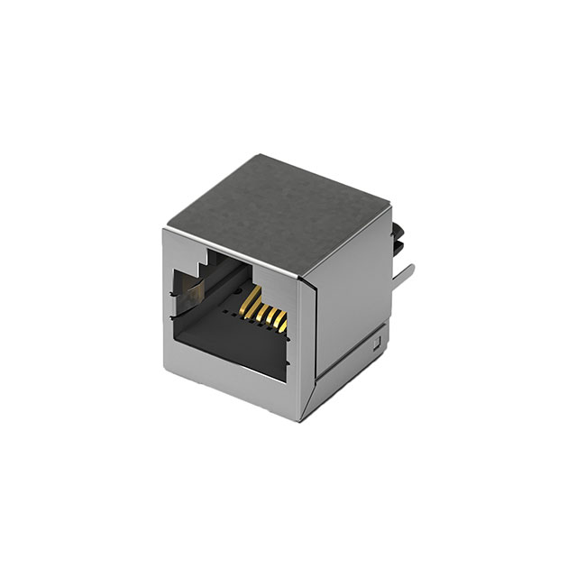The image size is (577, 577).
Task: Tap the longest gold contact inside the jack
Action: point(252,298)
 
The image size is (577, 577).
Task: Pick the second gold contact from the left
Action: point(261,307)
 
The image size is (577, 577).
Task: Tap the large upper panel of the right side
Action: point(352,288)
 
